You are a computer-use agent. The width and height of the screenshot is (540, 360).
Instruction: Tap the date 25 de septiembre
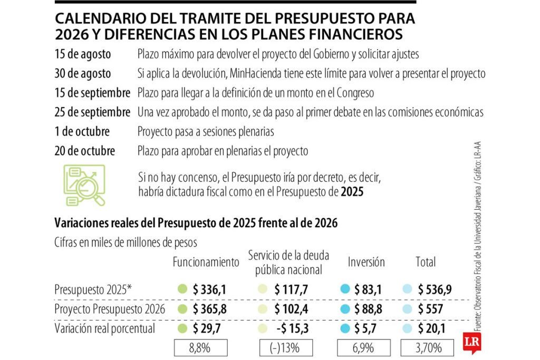pos(92,112)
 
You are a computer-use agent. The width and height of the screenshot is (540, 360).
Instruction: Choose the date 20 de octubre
pos(84,151)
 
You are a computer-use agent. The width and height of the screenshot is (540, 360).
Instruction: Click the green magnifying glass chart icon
pos(84,185)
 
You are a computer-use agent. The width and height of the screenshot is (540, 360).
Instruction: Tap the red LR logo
pos(470,340)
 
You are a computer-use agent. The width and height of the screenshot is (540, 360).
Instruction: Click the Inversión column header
pos(366,262)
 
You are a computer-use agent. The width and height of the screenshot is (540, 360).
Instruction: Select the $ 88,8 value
pos(368,309)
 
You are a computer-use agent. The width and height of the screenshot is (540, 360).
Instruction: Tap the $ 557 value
pos(430,309)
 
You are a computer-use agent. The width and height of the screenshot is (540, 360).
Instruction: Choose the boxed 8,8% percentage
pos(200,348)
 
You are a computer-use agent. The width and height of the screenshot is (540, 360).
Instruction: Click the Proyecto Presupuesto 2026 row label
pos(110,309)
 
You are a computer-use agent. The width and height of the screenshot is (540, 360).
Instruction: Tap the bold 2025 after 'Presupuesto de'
pos(352,192)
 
